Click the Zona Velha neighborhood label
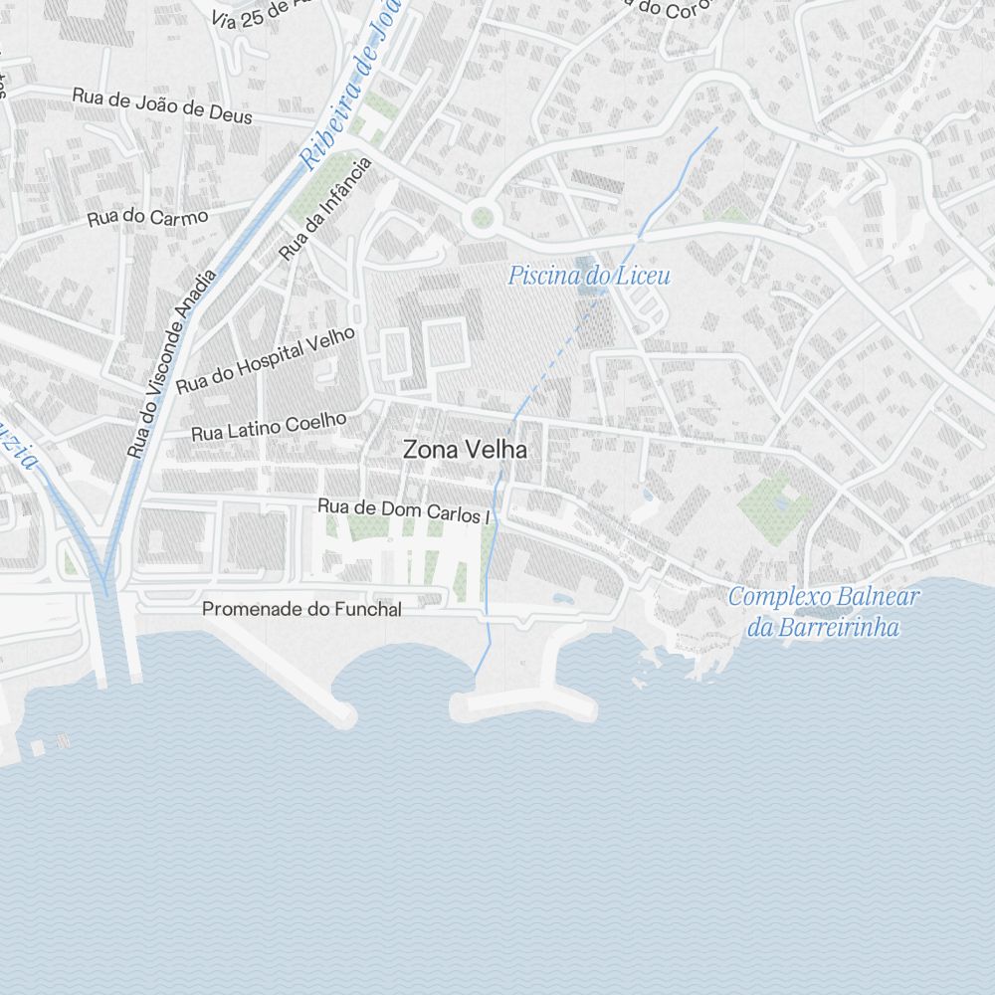tap(465, 450)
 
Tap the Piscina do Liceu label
tap(589, 276)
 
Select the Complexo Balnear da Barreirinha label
tap(824, 612)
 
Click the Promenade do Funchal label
tap(301, 609)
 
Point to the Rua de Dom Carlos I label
tap(404, 510)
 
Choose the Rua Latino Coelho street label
tap(269, 427)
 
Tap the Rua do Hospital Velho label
tap(266, 361)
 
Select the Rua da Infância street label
tap(325, 208)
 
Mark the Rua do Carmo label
tap(147, 217)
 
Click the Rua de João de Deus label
tap(162, 104)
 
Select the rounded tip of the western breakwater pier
tap(343, 714)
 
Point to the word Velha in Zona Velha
tap(499, 450)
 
